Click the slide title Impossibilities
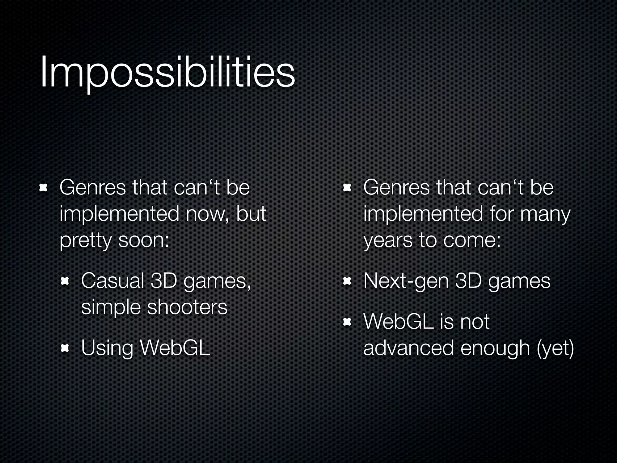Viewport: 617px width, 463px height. click(x=167, y=72)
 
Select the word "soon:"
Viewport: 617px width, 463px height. click(x=144, y=241)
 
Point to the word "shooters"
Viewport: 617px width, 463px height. click(x=187, y=307)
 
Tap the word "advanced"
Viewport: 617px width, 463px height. click(x=409, y=348)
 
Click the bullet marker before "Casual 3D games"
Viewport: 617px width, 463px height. click(x=65, y=281)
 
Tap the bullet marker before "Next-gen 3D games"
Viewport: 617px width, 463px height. click(x=347, y=281)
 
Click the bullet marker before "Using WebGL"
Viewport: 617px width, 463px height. click(x=65, y=348)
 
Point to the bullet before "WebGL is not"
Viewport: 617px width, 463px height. click(x=347, y=322)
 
